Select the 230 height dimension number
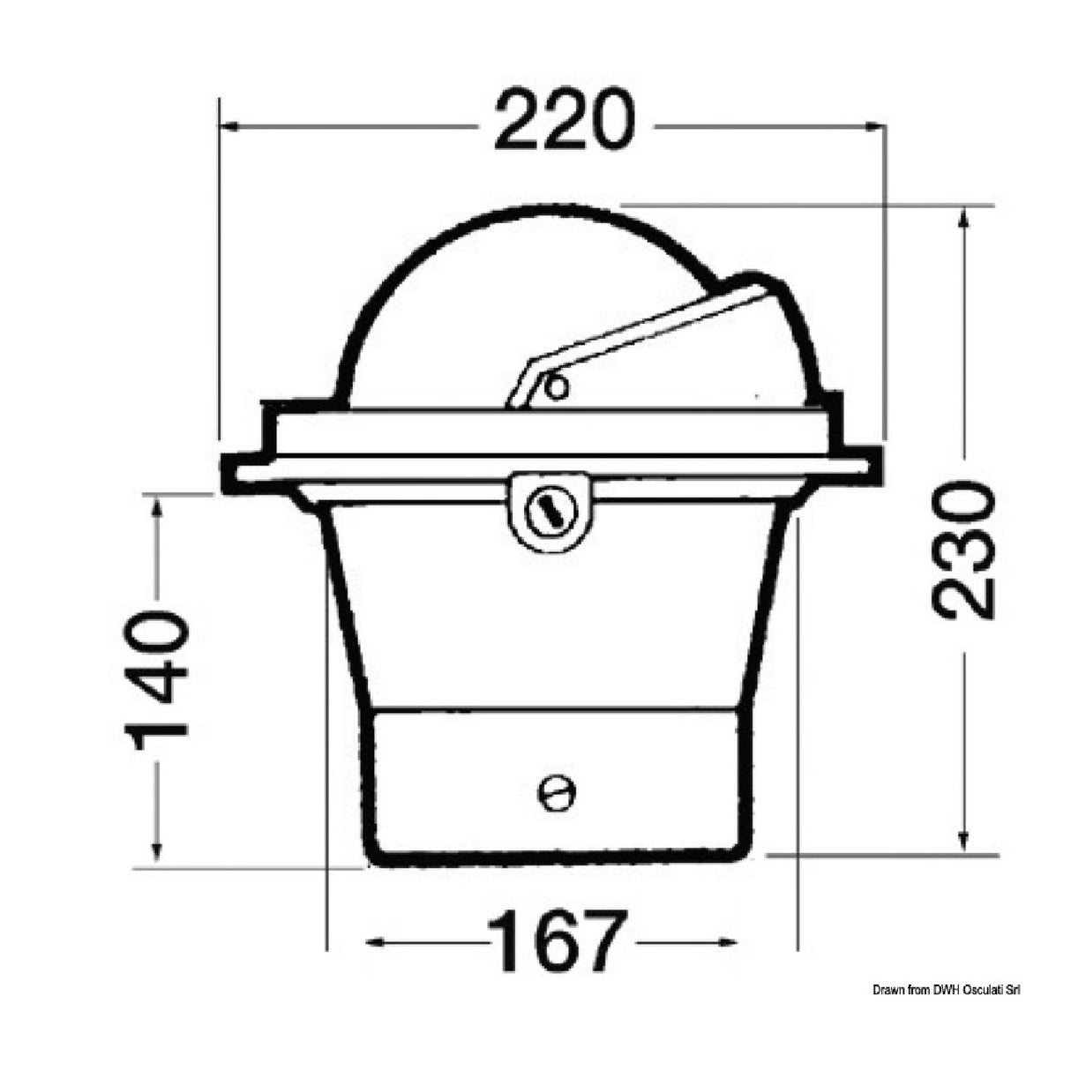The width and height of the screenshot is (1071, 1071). tap(963, 550)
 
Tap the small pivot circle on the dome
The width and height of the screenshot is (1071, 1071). tap(555, 387)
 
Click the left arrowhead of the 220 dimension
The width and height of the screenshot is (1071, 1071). tap(229, 127)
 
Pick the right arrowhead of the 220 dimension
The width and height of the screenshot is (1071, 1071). tap(875, 127)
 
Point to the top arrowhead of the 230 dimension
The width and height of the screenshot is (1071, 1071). tap(964, 216)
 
